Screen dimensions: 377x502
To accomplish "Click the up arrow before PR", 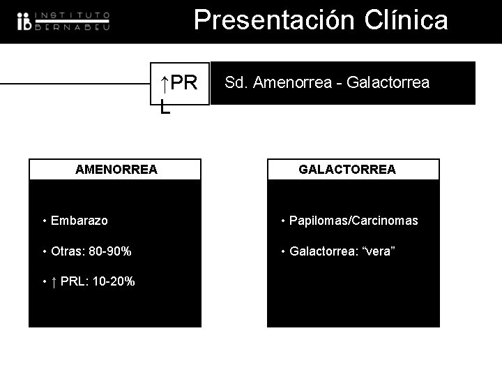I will coord(163,84).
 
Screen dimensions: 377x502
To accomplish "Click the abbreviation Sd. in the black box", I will coord(236,83).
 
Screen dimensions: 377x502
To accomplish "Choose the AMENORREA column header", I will coord(116,169).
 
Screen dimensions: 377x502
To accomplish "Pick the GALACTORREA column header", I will coord(347,169).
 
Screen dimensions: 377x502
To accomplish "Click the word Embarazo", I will coord(79,221).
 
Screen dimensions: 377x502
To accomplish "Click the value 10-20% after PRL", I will coord(113,281).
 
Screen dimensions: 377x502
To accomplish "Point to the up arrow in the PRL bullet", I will coord(54,281).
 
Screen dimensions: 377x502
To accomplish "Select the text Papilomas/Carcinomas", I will coord(353,221).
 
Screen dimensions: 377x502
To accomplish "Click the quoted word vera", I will coord(377,251).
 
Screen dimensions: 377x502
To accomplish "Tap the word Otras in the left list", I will coord(65,251).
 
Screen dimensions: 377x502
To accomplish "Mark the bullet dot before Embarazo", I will coord(44,221).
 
